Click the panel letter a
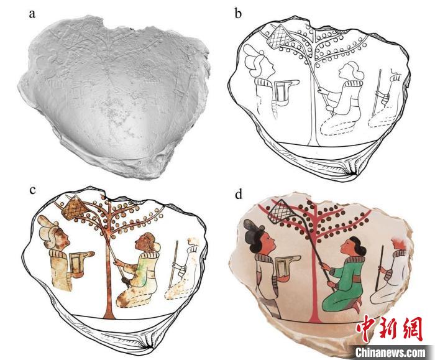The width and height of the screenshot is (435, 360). point(32,14)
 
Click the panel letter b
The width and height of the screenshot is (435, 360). point(238,13)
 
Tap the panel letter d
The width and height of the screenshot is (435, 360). point(239,194)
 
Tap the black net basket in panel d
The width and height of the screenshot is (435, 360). point(282,212)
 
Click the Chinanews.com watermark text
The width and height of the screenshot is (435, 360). point(390,353)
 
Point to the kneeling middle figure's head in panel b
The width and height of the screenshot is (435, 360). point(350,72)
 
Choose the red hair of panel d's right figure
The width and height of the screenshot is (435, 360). point(399,244)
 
